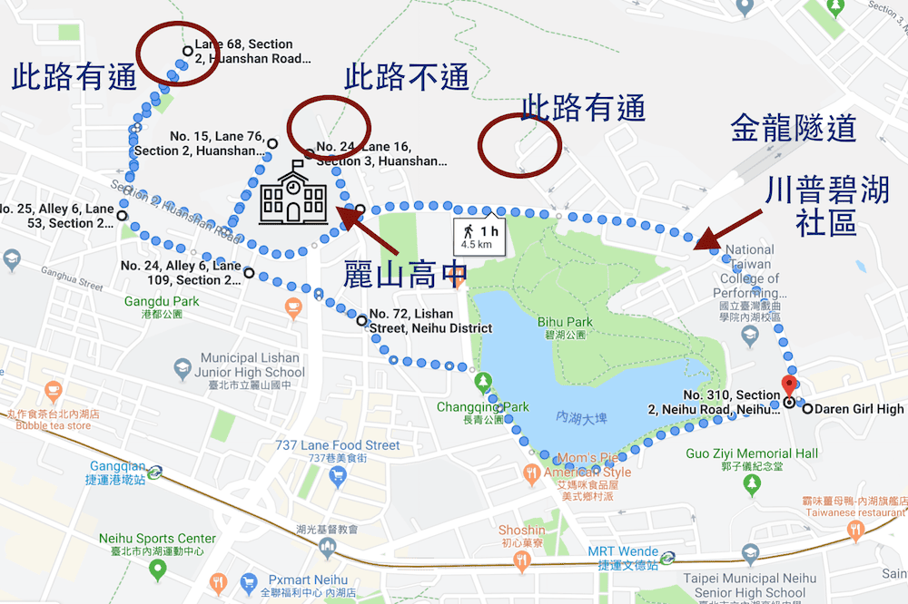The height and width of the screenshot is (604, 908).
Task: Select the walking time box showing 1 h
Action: coord(482,234)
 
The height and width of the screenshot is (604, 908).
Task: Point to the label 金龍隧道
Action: coord(793,128)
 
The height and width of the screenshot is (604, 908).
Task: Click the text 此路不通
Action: coord(407,78)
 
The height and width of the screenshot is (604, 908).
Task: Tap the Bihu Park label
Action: coord(565,322)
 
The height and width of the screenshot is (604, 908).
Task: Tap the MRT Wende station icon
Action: coord(667,557)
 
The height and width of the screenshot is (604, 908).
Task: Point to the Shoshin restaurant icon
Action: coord(521,560)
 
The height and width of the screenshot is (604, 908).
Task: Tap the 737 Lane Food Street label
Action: coord(338,445)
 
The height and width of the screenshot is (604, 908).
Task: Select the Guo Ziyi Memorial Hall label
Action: coord(752,453)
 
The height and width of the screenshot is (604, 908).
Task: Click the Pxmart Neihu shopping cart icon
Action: coord(217,580)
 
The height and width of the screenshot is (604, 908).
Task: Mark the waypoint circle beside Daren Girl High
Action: coord(806,409)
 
